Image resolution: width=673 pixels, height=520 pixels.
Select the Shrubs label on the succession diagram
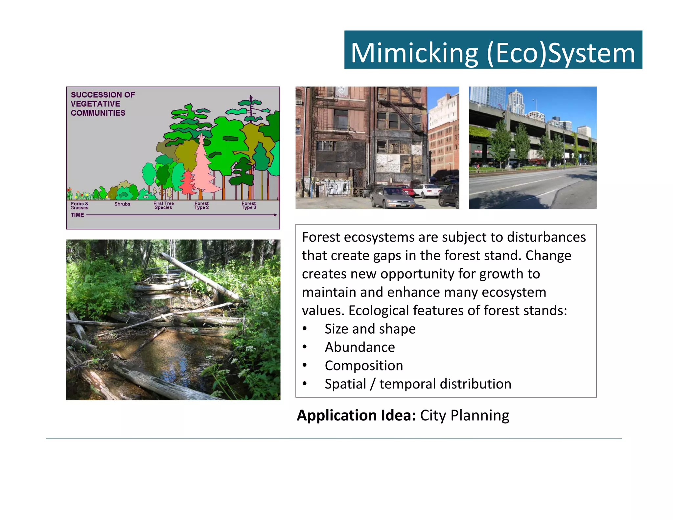(x=122, y=204)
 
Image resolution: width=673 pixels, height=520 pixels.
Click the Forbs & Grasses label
(x=80, y=206)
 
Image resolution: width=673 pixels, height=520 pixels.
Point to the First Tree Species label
(x=164, y=205)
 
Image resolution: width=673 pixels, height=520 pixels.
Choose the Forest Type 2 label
(x=201, y=205)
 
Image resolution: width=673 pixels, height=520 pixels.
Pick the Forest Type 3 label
(x=249, y=205)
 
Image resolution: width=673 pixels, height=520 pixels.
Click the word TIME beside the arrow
(x=77, y=215)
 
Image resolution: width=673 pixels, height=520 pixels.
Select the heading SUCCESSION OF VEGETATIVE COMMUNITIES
(x=103, y=104)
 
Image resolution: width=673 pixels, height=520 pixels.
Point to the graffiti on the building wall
(x=332, y=188)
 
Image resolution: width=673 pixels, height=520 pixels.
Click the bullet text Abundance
(x=360, y=347)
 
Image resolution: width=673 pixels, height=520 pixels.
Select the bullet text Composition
(x=364, y=366)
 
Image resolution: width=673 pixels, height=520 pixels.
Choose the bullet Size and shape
(x=370, y=329)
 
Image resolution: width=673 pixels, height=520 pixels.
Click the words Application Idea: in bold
(x=356, y=415)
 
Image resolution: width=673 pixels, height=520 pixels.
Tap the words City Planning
(x=465, y=415)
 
